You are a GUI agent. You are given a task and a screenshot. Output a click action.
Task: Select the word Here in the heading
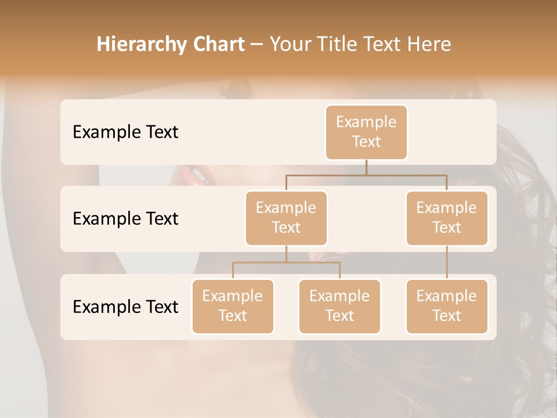tap(429, 45)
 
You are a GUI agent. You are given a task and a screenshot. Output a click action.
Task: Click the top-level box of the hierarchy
tap(366, 132)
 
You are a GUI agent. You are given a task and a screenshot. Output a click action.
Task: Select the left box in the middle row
tap(286, 218)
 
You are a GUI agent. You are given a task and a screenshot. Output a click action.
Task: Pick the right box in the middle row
tap(447, 218)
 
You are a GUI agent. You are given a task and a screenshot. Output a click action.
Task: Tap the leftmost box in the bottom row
tap(233, 306)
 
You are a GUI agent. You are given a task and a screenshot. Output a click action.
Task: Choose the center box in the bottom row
tap(339, 306)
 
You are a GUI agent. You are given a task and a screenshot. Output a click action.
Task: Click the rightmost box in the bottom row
tap(447, 306)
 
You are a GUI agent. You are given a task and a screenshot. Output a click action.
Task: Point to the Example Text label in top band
tap(125, 132)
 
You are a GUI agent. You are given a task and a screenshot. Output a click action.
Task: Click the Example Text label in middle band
tap(125, 218)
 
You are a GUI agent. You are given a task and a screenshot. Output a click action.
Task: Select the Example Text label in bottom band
tap(125, 307)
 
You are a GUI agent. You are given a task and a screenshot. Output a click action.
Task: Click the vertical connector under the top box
tap(366, 167)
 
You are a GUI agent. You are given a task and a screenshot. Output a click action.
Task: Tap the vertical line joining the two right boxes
tap(447, 262)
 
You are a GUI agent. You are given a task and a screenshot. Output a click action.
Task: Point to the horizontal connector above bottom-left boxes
tap(286, 262)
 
